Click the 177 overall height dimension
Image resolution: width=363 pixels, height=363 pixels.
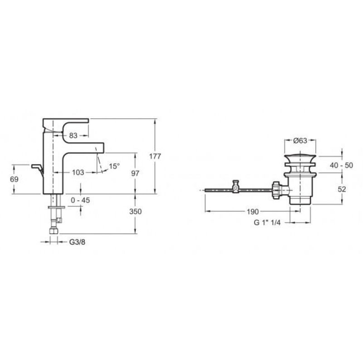pos(155,157)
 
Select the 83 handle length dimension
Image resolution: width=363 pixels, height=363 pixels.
pos(73,135)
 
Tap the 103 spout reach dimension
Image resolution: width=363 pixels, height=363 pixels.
pos(78,172)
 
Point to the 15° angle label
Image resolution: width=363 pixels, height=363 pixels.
pos(114,166)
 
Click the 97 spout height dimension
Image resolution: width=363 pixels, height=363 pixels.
pos(135,173)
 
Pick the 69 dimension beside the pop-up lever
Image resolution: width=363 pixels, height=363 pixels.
pos(14,179)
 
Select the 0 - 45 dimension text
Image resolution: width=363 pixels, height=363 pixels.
pos(80,200)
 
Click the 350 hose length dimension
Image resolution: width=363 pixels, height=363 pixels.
pos(135,211)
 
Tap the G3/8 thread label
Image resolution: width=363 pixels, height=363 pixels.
pos(77,242)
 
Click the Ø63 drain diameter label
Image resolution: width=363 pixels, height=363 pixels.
pos(300,141)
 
